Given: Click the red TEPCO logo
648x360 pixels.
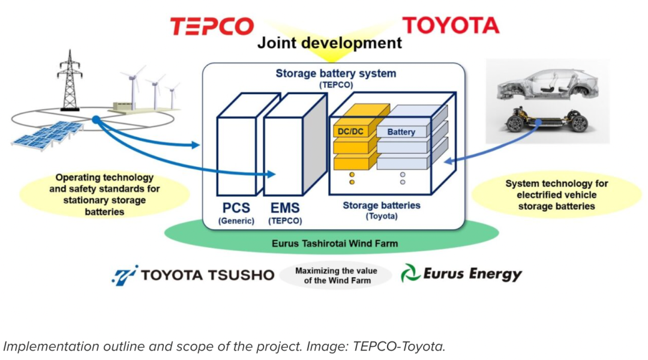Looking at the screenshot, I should [212, 26].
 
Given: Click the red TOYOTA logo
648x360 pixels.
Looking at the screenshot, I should [450, 25].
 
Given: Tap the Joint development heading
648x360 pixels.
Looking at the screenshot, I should [329, 43].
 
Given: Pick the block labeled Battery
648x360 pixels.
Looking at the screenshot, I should [401, 131].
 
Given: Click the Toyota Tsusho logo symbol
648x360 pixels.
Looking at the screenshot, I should [125, 275].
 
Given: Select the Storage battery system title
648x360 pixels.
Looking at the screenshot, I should [335, 74].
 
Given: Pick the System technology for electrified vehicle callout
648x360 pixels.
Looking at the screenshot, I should [556, 194].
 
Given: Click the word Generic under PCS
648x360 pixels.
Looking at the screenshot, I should [236, 221].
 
